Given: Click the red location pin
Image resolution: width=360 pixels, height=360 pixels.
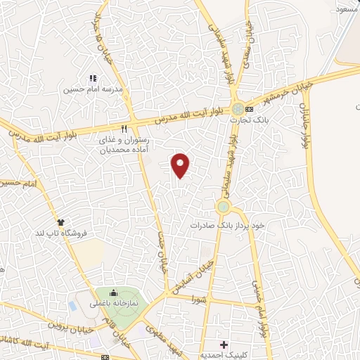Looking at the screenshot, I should click(181, 165).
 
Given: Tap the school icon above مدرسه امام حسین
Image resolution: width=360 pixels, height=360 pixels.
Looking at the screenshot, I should click(92, 78).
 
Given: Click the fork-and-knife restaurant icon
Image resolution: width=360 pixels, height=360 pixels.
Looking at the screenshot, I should click(124, 129).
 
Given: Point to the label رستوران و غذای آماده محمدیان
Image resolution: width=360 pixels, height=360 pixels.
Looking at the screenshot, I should click(124, 144).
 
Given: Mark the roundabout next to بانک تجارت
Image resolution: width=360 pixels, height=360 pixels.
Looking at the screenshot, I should click(240, 108).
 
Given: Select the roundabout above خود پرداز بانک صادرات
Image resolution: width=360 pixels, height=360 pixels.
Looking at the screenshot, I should click(224, 207).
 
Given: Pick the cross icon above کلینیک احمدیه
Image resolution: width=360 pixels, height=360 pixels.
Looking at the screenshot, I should click(224, 344).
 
